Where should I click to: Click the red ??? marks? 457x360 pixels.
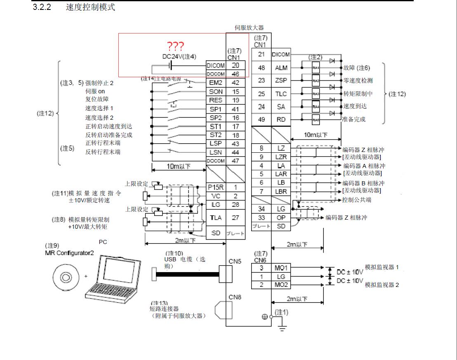click(x=175, y=46)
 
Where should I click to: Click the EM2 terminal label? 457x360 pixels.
click(x=216, y=83)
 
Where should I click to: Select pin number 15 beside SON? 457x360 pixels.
click(x=236, y=92)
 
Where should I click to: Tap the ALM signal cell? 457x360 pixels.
click(x=281, y=68)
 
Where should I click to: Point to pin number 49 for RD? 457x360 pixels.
click(x=261, y=120)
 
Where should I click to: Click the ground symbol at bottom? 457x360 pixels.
click(x=283, y=328)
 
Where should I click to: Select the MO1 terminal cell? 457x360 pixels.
click(x=281, y=268)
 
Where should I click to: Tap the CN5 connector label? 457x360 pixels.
click(x=235, y=261)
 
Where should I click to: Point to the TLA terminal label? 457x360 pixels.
click(x=216, y=218)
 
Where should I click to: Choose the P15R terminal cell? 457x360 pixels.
click(x=216, y=187)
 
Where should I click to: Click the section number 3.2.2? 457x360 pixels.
click(x=42, y=7)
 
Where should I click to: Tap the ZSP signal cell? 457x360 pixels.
click(x=281, y=81)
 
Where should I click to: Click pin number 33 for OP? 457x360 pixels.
click(x=261, y=218)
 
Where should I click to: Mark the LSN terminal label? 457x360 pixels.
click(x=216, y=152)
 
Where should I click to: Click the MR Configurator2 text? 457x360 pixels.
click(x=69, y=253)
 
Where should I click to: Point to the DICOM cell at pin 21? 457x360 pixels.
click(x=281, y=54)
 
